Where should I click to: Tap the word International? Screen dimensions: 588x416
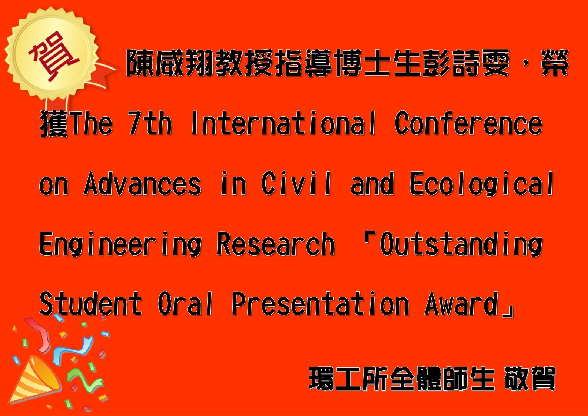pyautogui.click(x=284, y=123)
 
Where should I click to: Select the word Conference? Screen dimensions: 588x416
pyautogui.click(x=469, y=123)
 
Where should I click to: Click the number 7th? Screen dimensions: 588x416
pyautogui.click(x=150, y=123)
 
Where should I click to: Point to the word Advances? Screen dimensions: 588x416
pyautogui.click(x=143, y=183)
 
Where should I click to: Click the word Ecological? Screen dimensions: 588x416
pyautogui.click(x=481, y=184)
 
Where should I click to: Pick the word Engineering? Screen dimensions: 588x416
pyautogui.click(x=120, y=244)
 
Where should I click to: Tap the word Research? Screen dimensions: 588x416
pyautogui.click(x=276, y=244)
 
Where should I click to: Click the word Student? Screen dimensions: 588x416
pyautogui.click(x=91, y=303)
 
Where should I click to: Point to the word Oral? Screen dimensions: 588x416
pyautogui.click(x=185, y=303)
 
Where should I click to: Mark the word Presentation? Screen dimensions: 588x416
pyautogui.click(x=320, y=303)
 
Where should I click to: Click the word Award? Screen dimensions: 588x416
pyautogui.click(x=461, y=303)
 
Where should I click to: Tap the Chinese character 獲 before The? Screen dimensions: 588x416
pyautogui.click(x=54, y=123)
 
